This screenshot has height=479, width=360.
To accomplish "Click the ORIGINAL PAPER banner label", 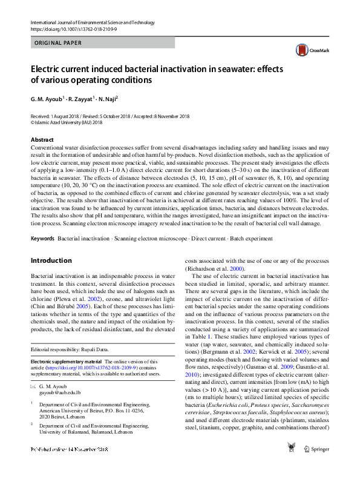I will click(x=58, y=43).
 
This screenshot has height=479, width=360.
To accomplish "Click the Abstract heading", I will click(x=42, y=139).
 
